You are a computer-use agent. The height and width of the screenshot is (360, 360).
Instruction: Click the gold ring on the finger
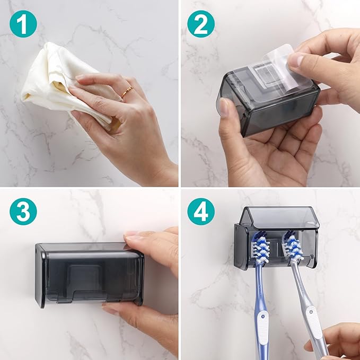(127, 93)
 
